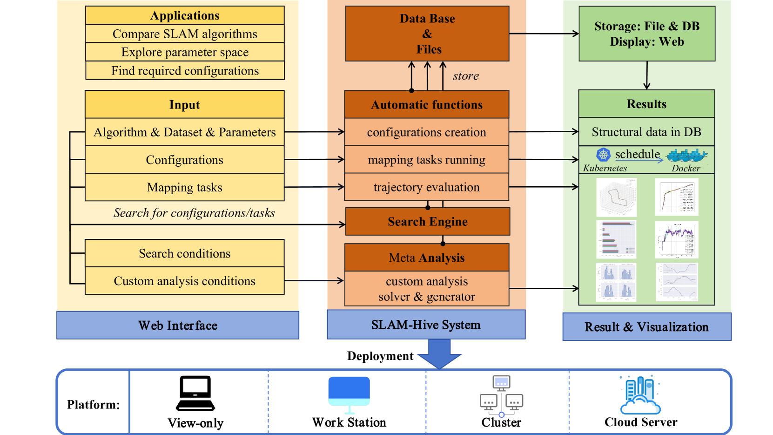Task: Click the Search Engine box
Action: tap(427, 222)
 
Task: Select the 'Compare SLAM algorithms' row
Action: tap(185, 34)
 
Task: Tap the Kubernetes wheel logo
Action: tap(603, 155)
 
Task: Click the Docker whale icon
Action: tap(686, 155)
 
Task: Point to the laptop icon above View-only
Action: tap(195, 393)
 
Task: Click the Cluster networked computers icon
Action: tap(501, 395)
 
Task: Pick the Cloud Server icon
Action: tap(640, 395)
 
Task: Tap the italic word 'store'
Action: tap(466, 76)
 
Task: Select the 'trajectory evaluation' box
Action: tap(426, 187)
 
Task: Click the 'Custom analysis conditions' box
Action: tap(185, 281)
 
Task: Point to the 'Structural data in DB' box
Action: tap(646, 132)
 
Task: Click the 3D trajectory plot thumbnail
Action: tap(617, 197)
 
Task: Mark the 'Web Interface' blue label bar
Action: tap(178, 325)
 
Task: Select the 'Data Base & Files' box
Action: tap(427, 34)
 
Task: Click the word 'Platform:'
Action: tap(93, 404)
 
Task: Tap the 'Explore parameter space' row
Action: tap(185, 52)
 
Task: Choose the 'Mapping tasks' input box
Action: tap(185, 187)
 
